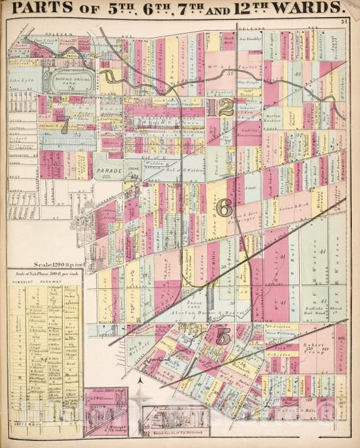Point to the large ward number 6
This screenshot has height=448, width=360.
click(x=224, y=205)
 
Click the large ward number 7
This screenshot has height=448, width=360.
click(x=65, y=126)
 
